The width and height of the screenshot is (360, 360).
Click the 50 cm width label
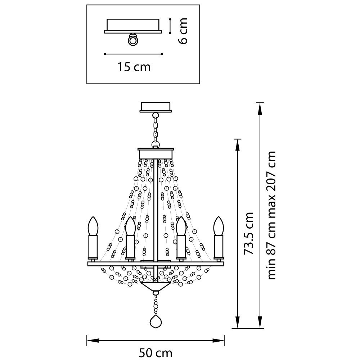point(156,353)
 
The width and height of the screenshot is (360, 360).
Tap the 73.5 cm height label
point(249,234)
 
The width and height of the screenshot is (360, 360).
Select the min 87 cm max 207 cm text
point(272,215)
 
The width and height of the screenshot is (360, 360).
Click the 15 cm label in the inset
point(134,67)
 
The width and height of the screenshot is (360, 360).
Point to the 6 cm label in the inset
point(183,31)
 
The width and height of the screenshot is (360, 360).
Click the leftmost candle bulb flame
point(93,226)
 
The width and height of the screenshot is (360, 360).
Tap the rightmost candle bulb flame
point(218,226)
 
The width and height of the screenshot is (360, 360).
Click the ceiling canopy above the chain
point(156,107)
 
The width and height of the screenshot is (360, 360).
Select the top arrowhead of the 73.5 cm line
point(237,143)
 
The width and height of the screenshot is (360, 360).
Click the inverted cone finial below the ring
point(156,287)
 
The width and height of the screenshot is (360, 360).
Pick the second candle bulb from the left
point(130,226)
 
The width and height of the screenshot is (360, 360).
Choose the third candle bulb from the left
point(181,226)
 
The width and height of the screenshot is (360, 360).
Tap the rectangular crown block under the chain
point(156,154)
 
